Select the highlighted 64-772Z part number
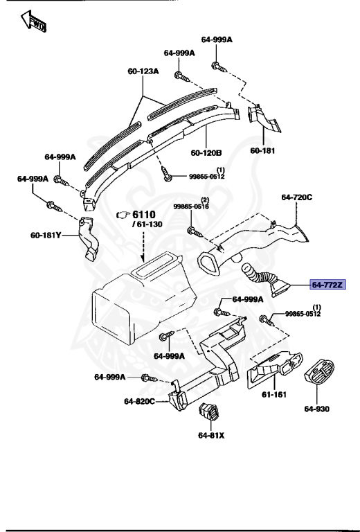(x=327, y=285)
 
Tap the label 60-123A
(x=143, y=71)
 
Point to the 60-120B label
(x=206, y=152)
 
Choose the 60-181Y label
(x=46, y=236)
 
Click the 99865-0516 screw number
(x=190, y=206)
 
